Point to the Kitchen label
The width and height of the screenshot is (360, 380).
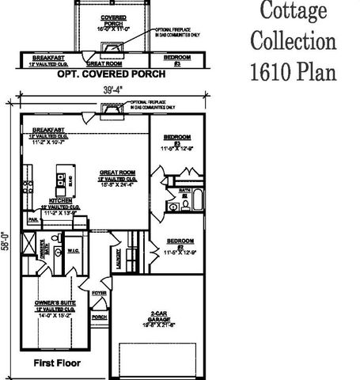click(x=61, y=201)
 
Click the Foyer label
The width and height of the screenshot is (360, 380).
click(x=99, y=293)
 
